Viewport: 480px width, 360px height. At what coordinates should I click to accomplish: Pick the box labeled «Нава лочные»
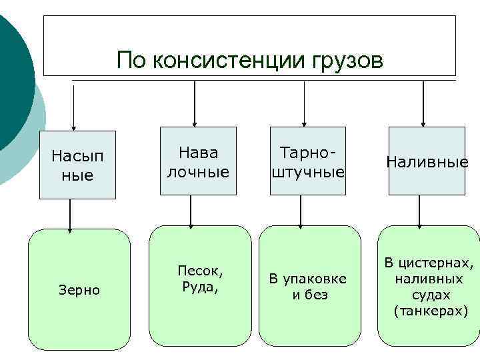pyautogui.click(x=198, y=161)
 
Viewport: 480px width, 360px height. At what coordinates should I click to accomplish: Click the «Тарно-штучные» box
pyautogui.click(x=307, y=161)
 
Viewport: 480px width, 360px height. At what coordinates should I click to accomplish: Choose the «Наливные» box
pyautogui.click(x=426, y=161)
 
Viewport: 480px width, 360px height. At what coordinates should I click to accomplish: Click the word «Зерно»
pyautogui.click(x=79, y=290)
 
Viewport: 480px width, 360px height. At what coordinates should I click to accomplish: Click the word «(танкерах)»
pyautogui.click(x=431, y=311)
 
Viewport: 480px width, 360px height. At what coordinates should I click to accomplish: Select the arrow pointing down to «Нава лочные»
pyautogui.click(x=194, y=103)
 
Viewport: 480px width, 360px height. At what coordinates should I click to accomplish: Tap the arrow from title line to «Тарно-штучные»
pyautogui.click(x=304, y=103)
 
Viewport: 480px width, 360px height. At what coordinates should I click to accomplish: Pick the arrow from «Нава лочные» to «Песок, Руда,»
pyautogui.click(x=191, y=210)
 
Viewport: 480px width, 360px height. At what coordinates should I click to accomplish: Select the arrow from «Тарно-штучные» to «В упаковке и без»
pyautogui.click(x=301, y=210)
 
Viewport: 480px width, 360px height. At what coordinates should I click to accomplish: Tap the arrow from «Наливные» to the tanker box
pyautogui.click(x=419, y=211)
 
